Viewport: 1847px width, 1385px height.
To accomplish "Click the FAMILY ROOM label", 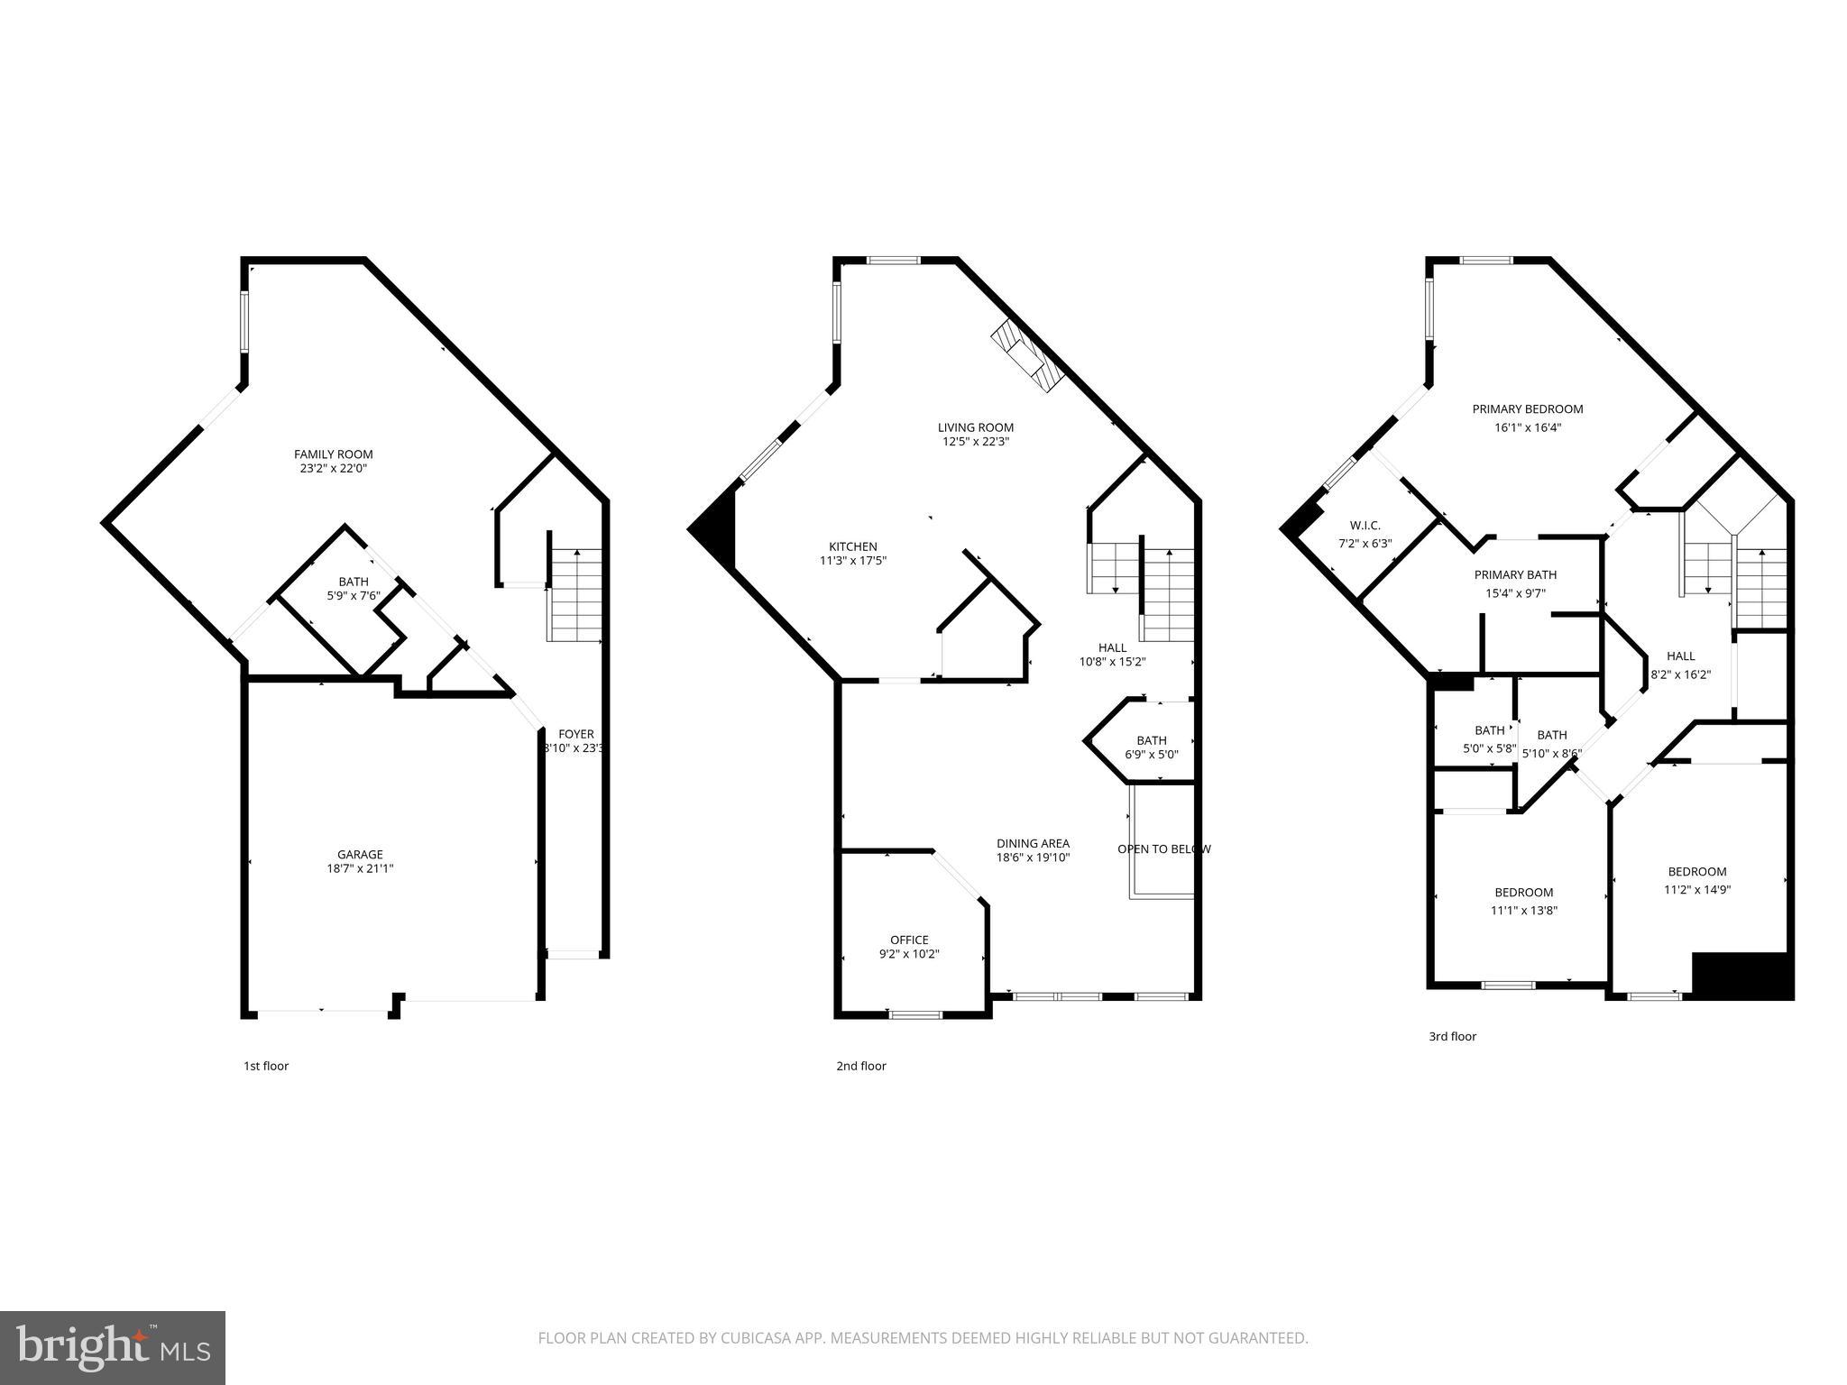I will tap(333, 454).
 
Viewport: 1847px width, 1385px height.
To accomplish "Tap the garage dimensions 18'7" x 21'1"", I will tap(360, 869).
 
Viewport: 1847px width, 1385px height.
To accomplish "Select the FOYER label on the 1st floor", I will tap(575, 734).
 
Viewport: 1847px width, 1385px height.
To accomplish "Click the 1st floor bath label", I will tap(354, 582).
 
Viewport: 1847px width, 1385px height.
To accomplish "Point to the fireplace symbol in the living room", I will tap(1027, 358).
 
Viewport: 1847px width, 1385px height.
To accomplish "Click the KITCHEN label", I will tap(852, 546).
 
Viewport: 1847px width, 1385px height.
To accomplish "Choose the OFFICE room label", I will tap(909, 940).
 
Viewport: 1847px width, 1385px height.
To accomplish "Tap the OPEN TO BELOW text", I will tap(1163, 849).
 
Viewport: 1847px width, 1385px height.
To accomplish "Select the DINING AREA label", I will tap(1033, 844).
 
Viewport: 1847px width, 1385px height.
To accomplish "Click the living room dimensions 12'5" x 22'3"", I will tap(975, 442).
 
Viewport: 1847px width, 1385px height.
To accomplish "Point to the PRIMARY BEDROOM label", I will tap(1527, 409).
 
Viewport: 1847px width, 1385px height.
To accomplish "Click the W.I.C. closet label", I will tap(1365, 526).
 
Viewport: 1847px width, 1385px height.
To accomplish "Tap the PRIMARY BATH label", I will tap(1515, 575).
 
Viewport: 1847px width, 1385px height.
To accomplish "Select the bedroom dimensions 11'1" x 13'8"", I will tap(1523, 911).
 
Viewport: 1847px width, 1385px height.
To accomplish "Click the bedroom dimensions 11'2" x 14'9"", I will tap(1696, 890).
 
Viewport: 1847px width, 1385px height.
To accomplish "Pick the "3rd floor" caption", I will tap(1452, 1037).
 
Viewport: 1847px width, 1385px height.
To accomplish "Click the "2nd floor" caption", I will tap(860, 1067).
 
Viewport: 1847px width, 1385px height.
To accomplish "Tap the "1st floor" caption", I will tap(266, 1067).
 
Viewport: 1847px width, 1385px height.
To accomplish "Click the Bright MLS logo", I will tap(113, 1347).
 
